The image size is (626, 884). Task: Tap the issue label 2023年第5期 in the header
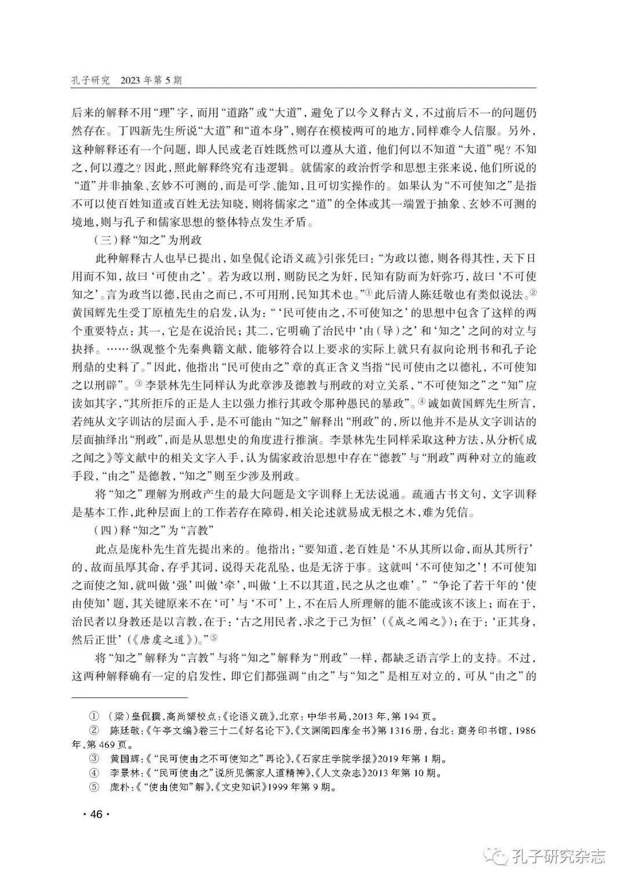tap(150, 80)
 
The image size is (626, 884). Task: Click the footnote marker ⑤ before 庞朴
tap(92, 788)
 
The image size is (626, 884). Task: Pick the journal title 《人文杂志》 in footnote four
tap(315, 773)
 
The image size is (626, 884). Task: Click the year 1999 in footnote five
tap(278, 788)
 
